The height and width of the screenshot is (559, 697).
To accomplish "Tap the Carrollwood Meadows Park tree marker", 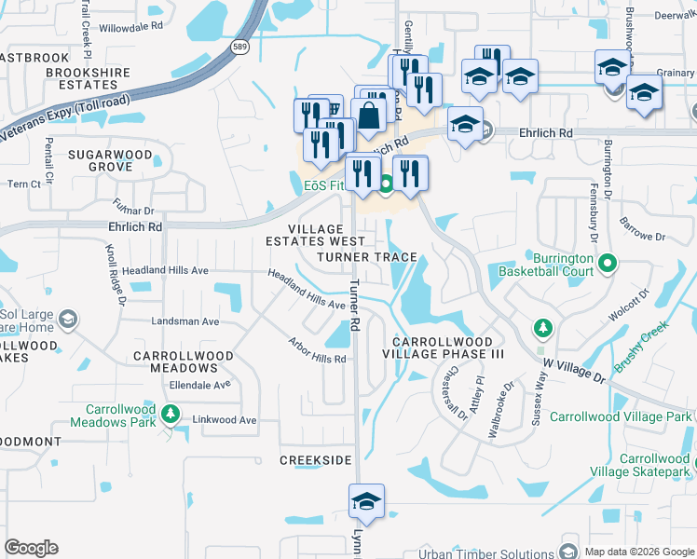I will pyautogui.click(x=170, y=413).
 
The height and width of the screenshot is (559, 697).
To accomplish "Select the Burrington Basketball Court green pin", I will pyautogui.click(x=608, y=264).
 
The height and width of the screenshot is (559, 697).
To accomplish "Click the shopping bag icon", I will pyautogui.click(x=369, y=116).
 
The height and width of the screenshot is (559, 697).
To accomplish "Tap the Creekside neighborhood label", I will pyautogui.click(x=316, y=460).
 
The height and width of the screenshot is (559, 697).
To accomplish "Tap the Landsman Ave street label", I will pyautogui.click(x=185, y=321).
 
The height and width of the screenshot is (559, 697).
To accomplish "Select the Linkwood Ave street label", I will pyautogui.click(x=224, y=420).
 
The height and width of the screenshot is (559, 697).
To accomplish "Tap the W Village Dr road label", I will pyautogui.click(x=574, y=367).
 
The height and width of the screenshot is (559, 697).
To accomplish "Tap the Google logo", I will pyautogui.click(x=31, y=548).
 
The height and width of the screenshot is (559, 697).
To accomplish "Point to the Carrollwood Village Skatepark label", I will pyautogui.click(x=655, y=466).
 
